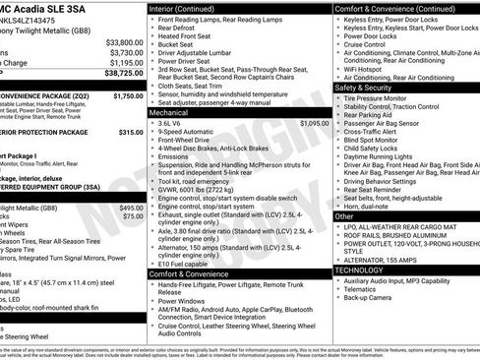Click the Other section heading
pos(344,215)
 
